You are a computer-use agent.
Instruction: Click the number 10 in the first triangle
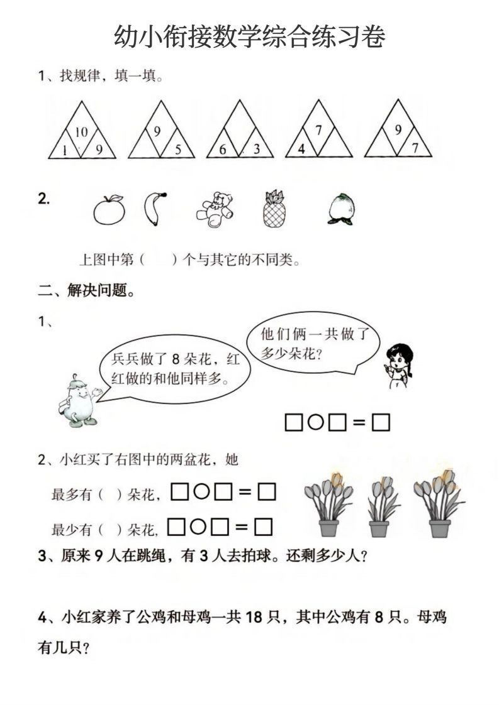81,132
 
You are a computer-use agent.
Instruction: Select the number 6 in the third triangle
222,150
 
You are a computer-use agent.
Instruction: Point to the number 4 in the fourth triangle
301,150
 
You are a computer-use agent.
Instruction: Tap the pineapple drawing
274,209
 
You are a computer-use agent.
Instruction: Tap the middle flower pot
379,507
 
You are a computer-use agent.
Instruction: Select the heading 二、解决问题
86,291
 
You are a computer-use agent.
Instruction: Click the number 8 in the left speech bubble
176,359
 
